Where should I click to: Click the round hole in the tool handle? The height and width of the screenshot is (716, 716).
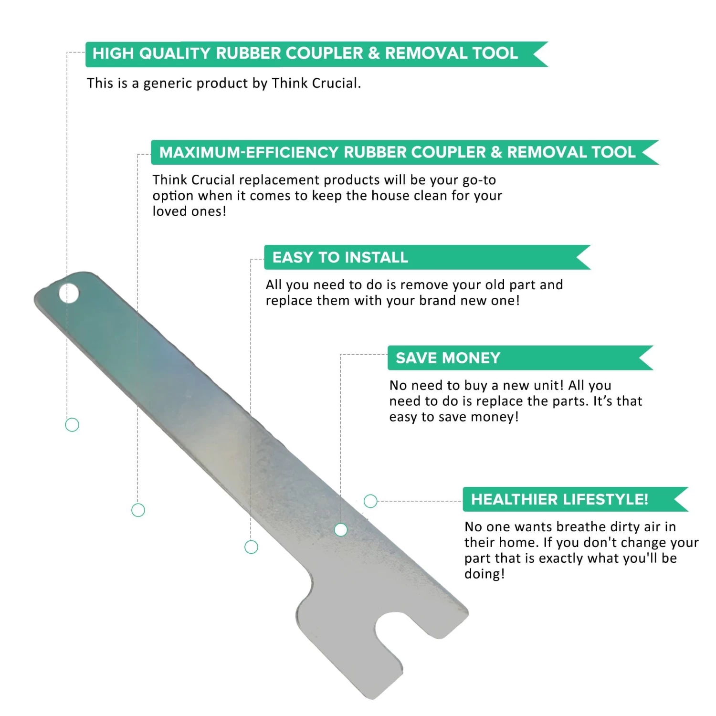point(69,294)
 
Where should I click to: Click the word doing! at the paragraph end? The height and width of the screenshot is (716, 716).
point(484,574)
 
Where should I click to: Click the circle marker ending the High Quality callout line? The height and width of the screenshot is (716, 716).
point(72,425)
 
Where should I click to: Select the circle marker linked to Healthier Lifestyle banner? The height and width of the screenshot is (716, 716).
point(370,501)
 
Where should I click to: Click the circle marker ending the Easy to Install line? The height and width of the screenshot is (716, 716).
point(251,547)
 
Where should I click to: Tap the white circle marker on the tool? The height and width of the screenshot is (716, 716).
point(341,530)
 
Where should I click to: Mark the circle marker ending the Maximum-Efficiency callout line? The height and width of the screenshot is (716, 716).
point(138,510)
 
